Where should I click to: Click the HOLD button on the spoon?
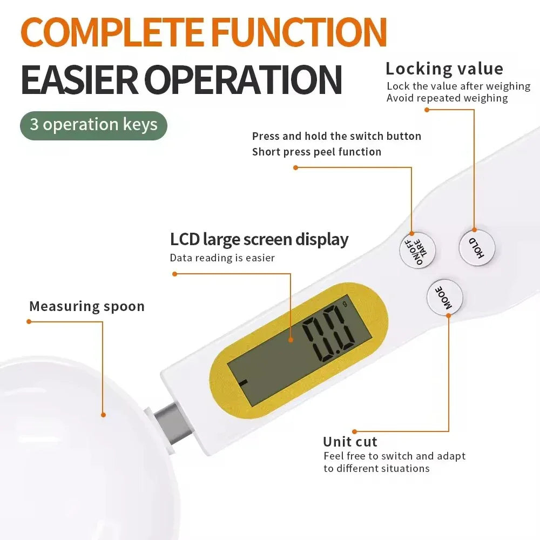pyautogui.click(x=477, y=247)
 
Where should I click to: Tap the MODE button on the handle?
pyautogui.click(x=444, y=297)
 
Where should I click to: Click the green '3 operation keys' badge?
pyautogui.click(x=93, y=125)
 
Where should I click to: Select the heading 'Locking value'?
pyautogui.click(x=444, y=69)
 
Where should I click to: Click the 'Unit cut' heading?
pyautogui.click(x=350, y=441)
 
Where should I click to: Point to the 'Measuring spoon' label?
pyautogui.click(x=87, y=306)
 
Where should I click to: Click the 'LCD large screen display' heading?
pyautogui.click(x=259, y=239)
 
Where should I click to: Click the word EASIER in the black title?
pyautogui.click(x=80, y=80)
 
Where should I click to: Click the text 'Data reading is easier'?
pyautogui.click(x=222, y=258)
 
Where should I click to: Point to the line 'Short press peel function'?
pyautogui.click(x=316, y=152)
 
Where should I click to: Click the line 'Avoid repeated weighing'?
pyautogui.click(x=447, y=98)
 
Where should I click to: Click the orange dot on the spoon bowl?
pyautogui.click(x=103, y=415)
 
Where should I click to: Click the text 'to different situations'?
pyautogui.click(x=376, y=468)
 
